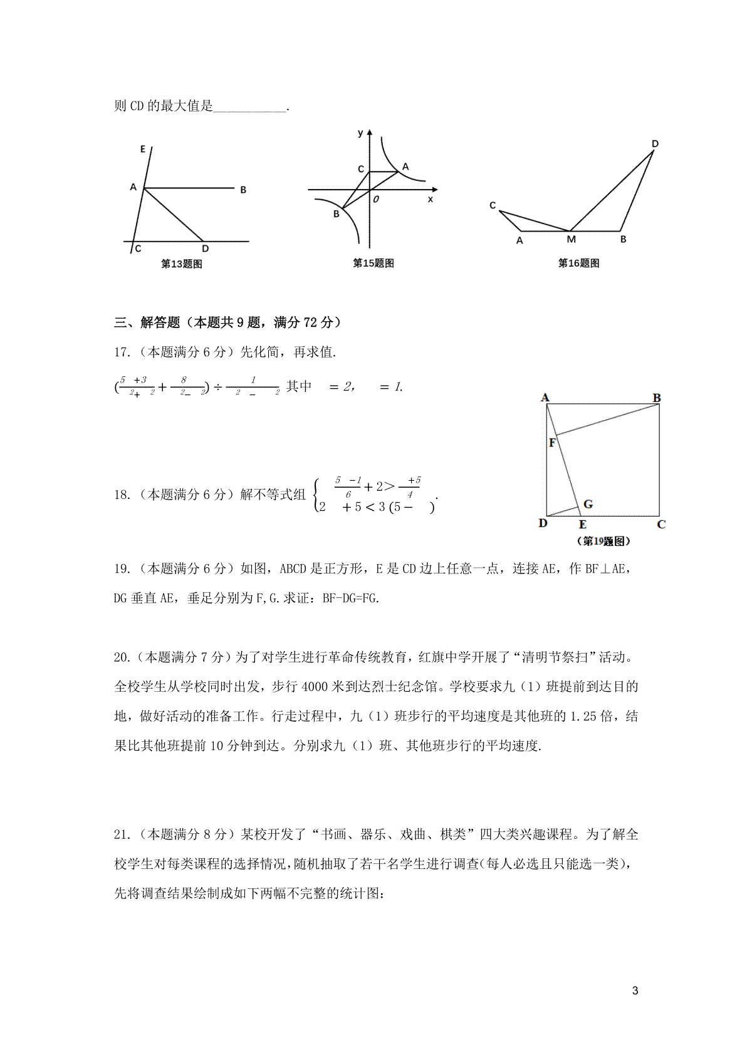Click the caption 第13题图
point(182,264)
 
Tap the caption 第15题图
point(373,264)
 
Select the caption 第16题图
point(578,264)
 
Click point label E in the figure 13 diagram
point(143,149)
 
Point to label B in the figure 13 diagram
point(243,190)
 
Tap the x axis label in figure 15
point(430,199)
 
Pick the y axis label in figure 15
point(360,133)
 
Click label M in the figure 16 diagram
point(571,239)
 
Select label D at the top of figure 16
point(655,144)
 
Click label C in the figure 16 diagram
point(493,205)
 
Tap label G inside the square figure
point(588,504)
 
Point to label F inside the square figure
point(553,443)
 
